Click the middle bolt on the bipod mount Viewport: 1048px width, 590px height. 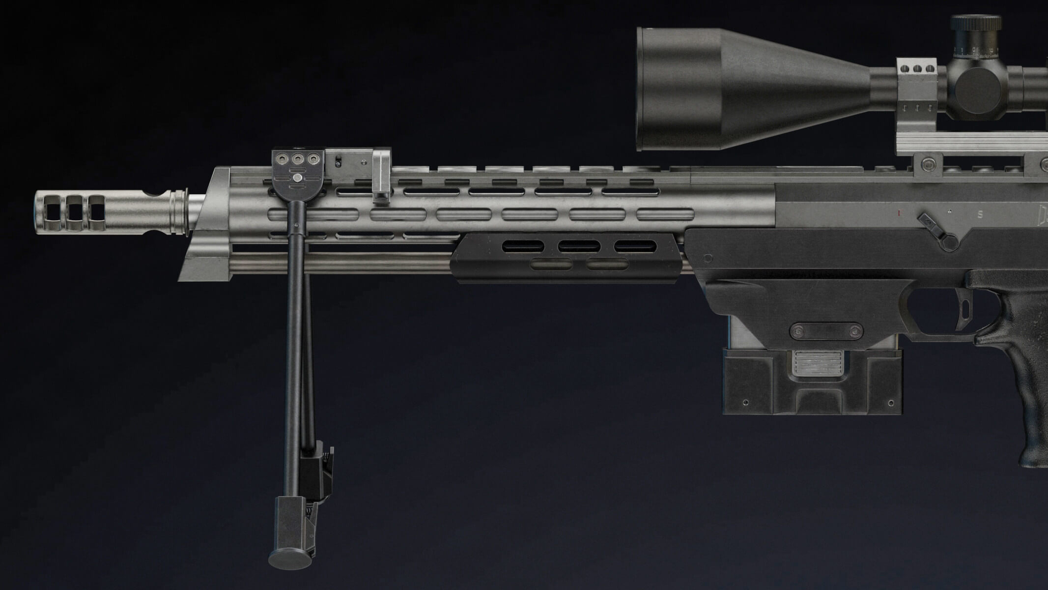pyautogui.click(x=297, y=159)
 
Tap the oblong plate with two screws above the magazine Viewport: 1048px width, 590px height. pyautogui.click(x=825, y=330)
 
